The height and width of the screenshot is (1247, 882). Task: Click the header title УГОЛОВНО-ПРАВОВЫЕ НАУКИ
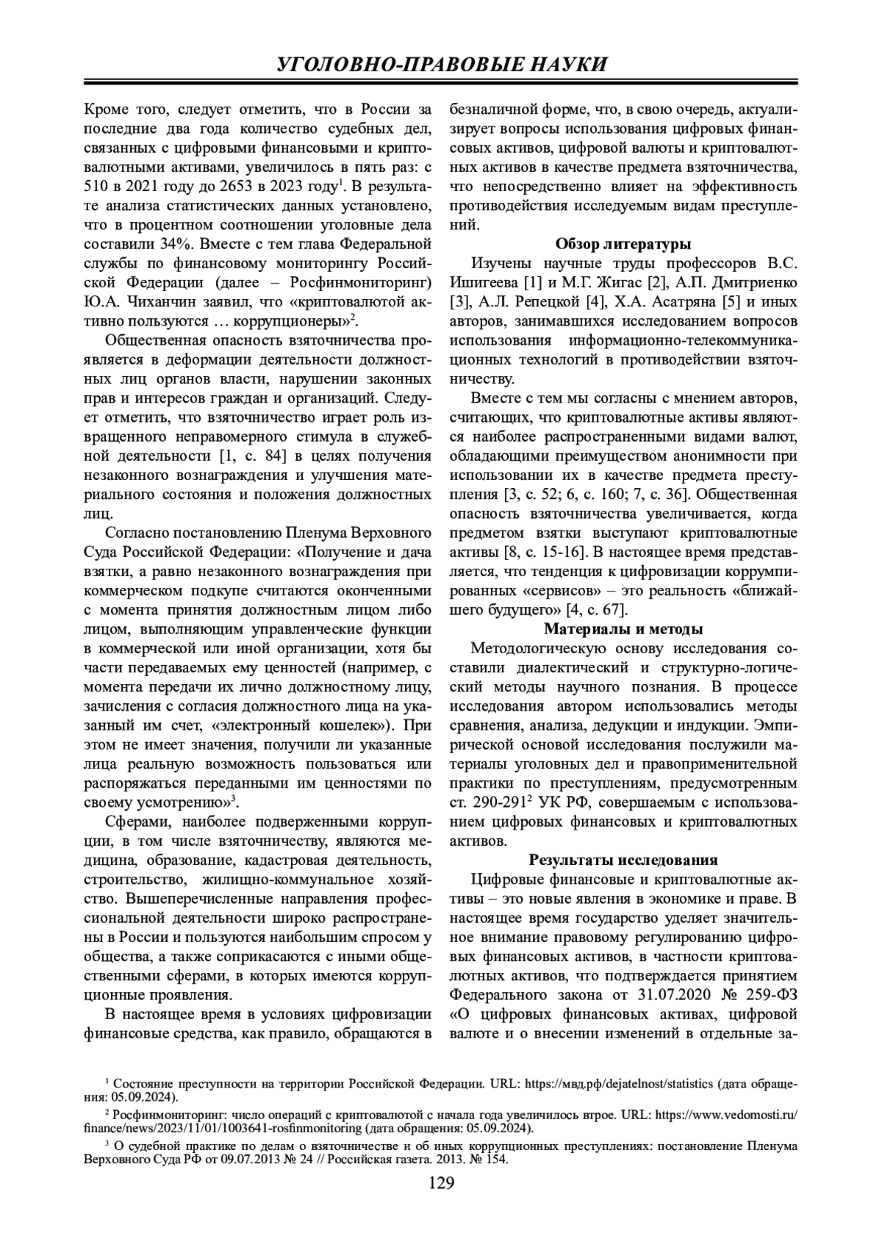coord(441,65)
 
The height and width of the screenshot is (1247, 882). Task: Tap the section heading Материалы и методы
coord(623,629)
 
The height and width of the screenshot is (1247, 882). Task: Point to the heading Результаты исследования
coord(623,860)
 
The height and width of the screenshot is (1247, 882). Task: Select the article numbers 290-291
coord(500,802)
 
